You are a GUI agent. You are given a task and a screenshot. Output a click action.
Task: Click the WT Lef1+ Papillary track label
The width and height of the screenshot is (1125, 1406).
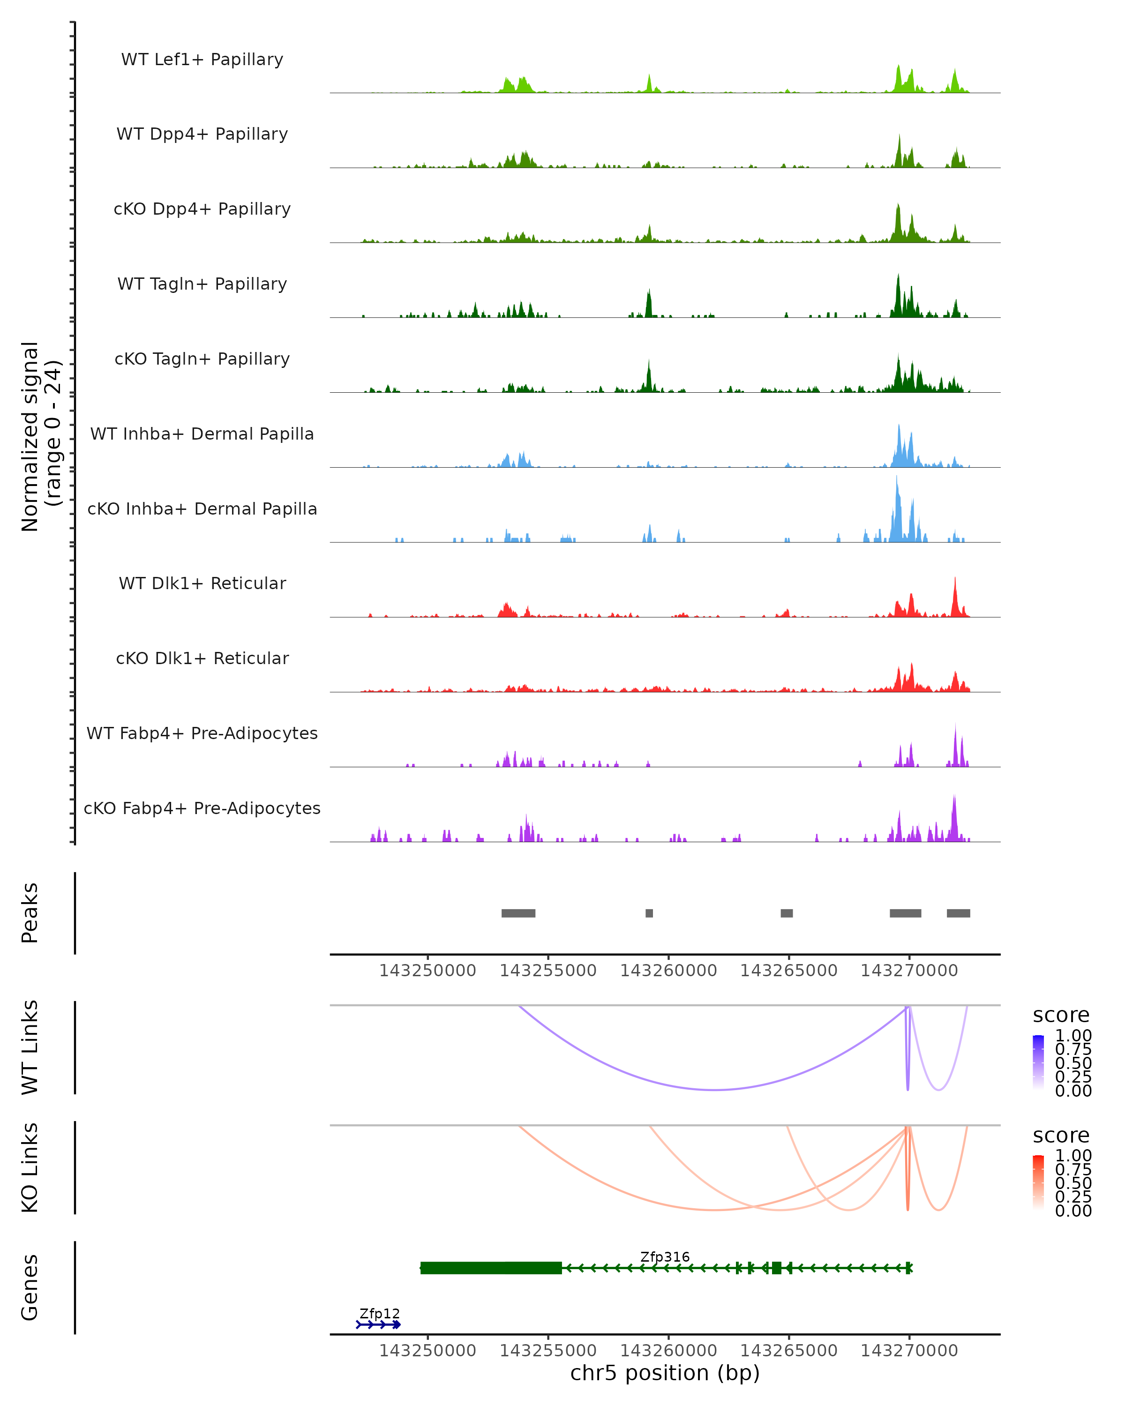click(202, 60)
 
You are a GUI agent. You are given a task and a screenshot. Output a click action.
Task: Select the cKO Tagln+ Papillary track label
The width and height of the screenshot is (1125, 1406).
click(202, 359)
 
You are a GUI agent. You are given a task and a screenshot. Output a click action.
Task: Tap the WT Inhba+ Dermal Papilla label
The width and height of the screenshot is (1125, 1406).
click(202, 434)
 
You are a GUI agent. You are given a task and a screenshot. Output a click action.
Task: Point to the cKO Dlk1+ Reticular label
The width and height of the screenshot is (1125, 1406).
click(202, 658)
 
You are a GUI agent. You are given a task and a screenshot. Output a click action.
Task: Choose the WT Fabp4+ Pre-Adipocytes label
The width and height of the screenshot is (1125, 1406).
click(202, 733)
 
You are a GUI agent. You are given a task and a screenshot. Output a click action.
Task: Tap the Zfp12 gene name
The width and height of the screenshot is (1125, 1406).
click(380, 1313)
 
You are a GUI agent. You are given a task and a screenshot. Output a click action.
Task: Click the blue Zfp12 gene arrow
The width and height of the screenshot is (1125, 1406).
click(378, 1324)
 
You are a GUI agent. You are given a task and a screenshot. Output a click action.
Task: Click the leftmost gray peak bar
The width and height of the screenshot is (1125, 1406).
click(518, 913)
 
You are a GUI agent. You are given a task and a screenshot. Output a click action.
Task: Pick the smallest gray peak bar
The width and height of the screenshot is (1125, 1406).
click(649, 913)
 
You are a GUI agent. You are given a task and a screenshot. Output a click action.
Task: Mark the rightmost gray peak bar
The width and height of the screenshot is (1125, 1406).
click(958, 913)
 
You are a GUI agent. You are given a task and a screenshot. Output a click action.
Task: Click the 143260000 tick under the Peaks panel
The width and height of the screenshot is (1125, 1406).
click(668, 971)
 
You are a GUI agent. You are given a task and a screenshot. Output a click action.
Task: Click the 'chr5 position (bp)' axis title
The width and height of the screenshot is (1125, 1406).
click(665, 1373)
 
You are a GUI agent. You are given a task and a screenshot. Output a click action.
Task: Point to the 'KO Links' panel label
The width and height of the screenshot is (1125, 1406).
click(30, 1167)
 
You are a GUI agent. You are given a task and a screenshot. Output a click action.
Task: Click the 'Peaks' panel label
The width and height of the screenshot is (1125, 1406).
click(30, 913)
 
